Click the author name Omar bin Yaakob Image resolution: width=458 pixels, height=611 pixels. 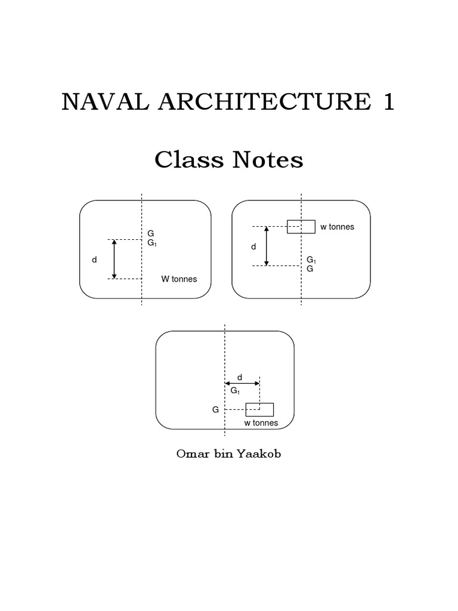228,454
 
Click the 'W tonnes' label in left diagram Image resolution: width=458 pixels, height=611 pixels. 179,279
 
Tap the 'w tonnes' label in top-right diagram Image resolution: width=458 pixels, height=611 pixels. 338,227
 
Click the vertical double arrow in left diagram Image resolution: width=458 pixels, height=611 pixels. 114,259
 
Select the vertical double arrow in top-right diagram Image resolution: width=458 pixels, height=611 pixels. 267,246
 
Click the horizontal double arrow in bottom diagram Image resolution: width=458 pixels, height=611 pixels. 242,384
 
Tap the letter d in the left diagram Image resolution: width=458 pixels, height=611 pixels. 94,260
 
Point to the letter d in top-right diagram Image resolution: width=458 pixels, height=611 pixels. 253,246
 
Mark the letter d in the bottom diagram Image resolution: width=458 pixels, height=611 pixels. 240,377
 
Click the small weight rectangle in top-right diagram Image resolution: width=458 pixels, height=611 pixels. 301,227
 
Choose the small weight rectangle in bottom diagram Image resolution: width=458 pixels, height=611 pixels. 259,409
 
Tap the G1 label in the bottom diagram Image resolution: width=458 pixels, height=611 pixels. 235,391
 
